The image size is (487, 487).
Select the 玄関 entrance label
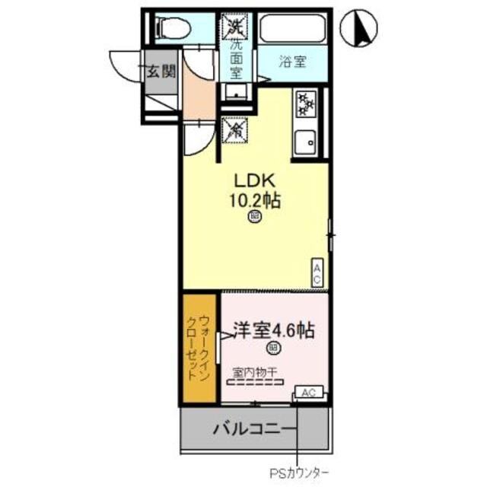[x=161, y=72]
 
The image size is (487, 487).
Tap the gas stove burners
[x=306, y=103]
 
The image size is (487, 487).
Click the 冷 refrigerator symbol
[x=234, y=129]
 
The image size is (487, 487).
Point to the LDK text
[x=253, y=182]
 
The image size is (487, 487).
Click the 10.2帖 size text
[x=255, y=201]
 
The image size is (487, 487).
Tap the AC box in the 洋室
[x=309, y=393]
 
